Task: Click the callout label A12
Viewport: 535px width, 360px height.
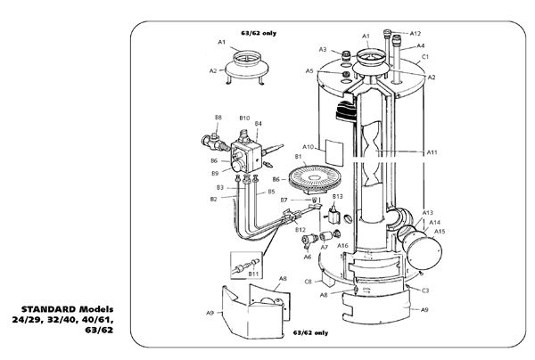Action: pyautogui.click(x=416, y=33)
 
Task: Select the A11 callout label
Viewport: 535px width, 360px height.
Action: pyautogui.click(x=432, y=152)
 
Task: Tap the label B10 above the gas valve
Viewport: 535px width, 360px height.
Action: pyautogui.click(x=244, y=118)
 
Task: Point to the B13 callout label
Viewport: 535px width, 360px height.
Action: pyautogui.click(x=337, y=196)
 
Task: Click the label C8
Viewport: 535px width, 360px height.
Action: pyautogui.click(x=309, y=282)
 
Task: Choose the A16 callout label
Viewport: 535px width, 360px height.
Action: pyautogui.click(x=342, y=245)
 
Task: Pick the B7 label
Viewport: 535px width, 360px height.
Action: pyautogui.click(x=284, y=200)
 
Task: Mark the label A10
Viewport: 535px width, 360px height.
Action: pyautogui.click(x=309, y=147)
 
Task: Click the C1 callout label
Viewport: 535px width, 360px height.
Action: pyautogui.click(x=424, y=57)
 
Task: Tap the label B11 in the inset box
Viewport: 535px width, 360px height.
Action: pyautogui.click(x=253, y=274)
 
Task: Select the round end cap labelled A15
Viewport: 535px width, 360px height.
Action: pyautogui.click(x=424, y=251)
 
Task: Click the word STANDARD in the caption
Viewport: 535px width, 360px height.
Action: pyautogui.click(x=49, y=309)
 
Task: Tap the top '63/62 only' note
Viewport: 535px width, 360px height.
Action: pyautogui.click(x=259, y=33)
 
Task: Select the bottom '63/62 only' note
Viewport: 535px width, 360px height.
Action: pyautogui.click(x=310, y=332)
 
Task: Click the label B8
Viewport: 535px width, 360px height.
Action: pyautogui.click(x=218, y=118)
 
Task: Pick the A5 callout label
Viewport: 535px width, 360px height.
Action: pyautogui.click(x=309, y=71)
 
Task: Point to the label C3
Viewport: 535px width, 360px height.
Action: pyautogui.click(x=424, y=290)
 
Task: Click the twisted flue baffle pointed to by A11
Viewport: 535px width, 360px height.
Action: pyautogui.click(x=370, y=154)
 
